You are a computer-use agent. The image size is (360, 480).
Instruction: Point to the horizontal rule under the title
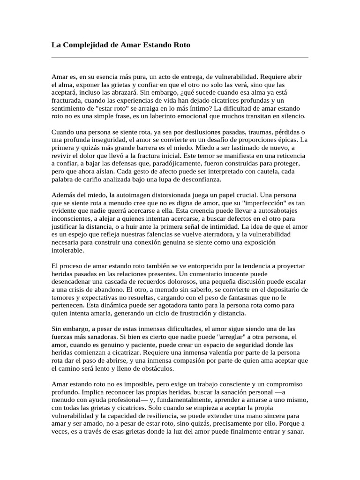[180, 58]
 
